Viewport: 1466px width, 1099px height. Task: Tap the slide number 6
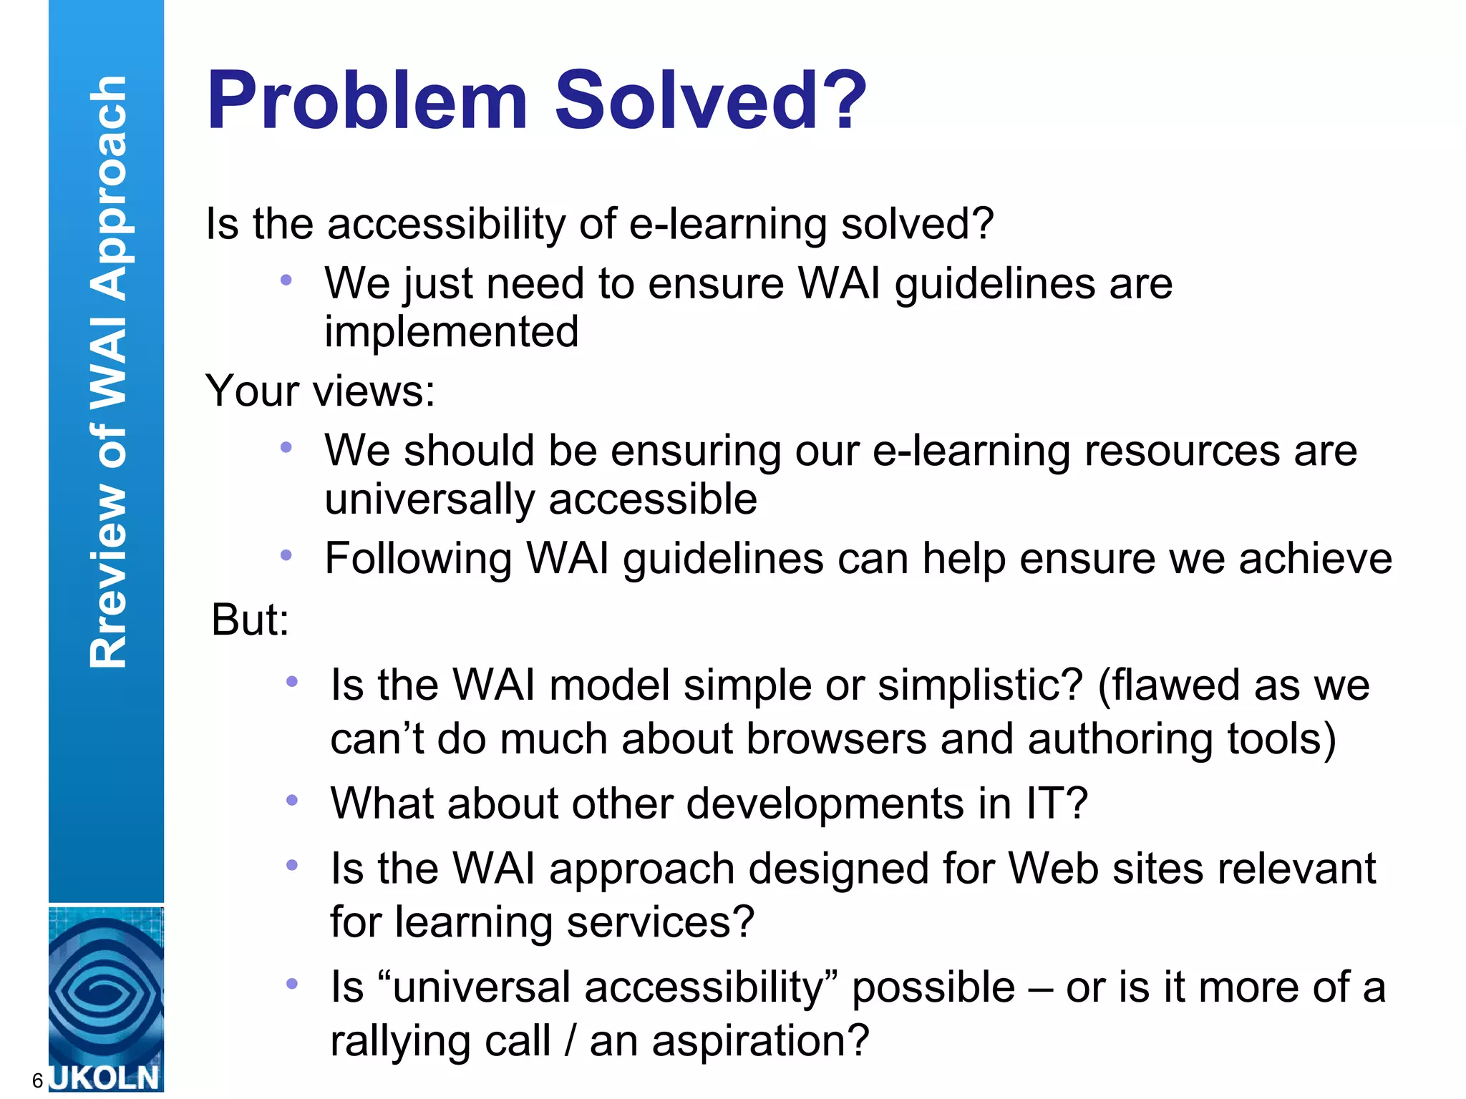(x=37, y=1080)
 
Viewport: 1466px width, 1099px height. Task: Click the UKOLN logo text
(x=106, y=1078)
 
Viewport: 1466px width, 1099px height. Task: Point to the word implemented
(x=451, y=332)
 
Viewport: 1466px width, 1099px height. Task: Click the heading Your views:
(x=320, y=391)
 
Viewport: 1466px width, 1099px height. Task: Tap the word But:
(x=250, y=620)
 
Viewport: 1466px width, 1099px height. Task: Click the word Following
(x=418, y=559)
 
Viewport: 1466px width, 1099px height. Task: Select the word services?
(x=660, y=922)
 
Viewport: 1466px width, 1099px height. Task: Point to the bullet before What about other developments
(x=291, y=800)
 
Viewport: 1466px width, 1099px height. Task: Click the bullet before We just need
(x=286, y=280)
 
